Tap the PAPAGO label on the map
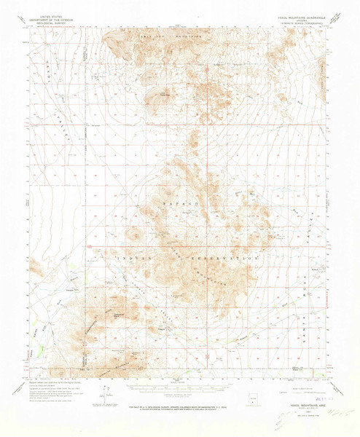click(180, 206)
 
